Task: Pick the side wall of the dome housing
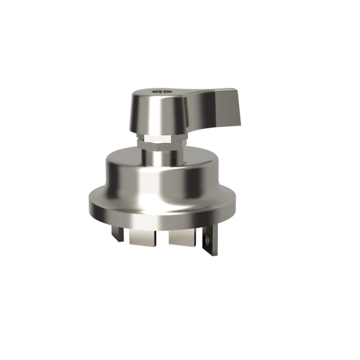coord(129,180)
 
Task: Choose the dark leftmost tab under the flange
coord(119,234)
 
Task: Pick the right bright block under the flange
coord(181,237)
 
